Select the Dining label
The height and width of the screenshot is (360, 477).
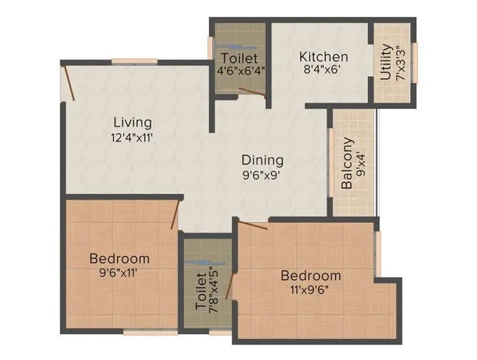[262, 160]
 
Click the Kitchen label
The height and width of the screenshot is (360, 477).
[323, 56]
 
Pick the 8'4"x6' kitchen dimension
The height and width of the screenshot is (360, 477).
[322, 70]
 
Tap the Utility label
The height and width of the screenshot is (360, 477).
[386, 63]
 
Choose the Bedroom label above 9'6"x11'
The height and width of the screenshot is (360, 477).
[120, 258]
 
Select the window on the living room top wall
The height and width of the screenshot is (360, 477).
[134, 60]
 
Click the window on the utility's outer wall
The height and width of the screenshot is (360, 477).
[415, 63]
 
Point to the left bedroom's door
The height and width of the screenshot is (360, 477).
[177, 214]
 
